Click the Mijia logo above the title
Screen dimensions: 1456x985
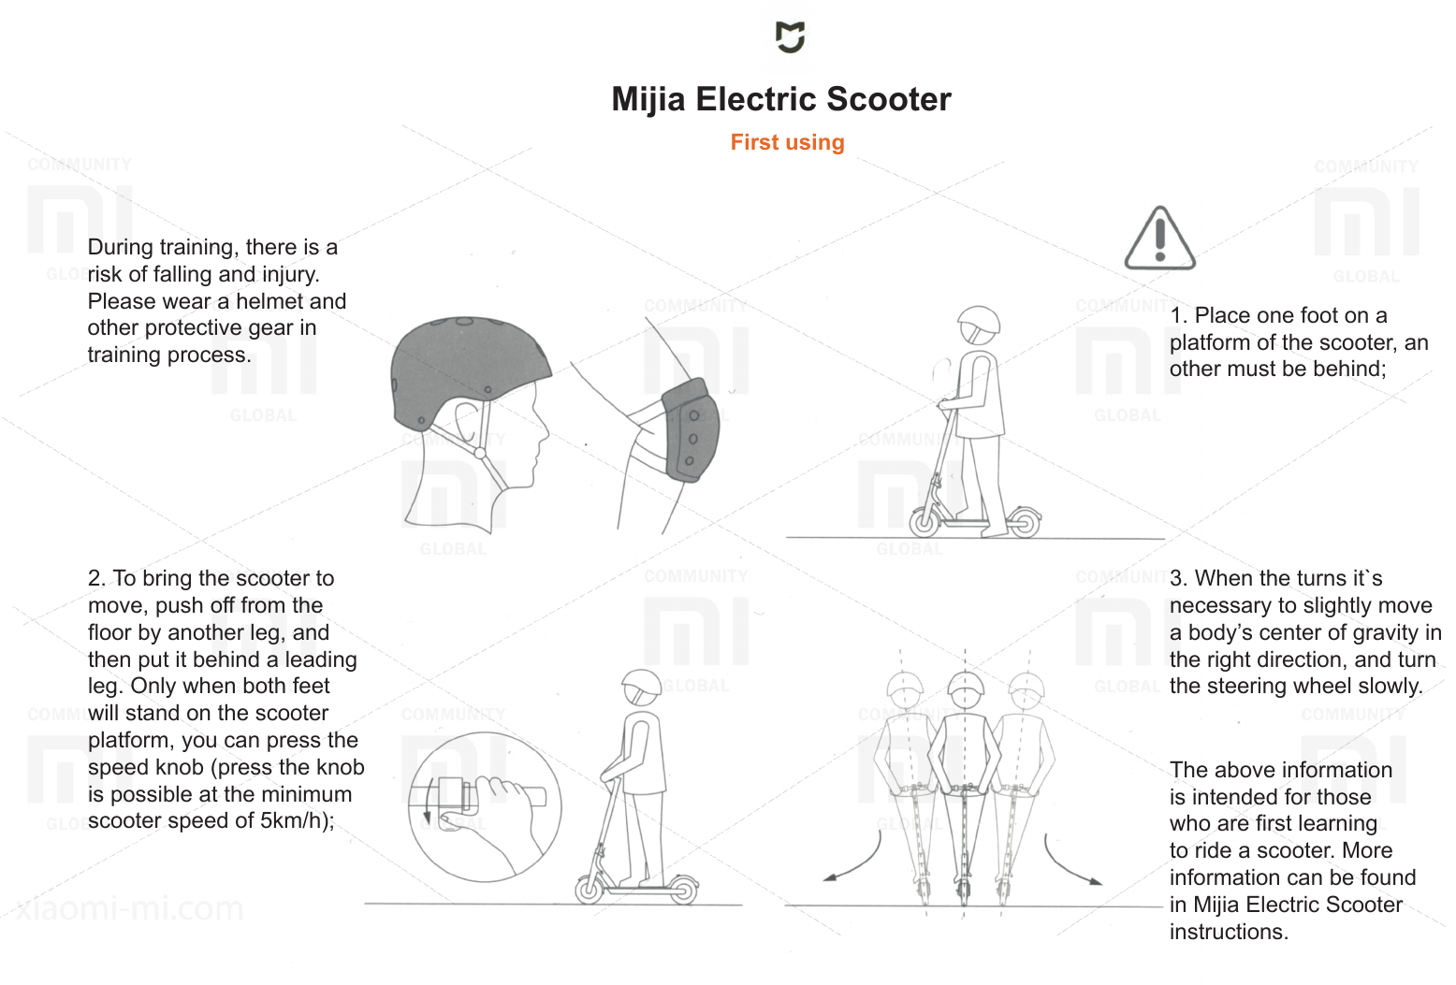click(790, 37)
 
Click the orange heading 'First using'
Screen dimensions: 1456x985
click(787, 142)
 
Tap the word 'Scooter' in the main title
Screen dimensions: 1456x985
click(889, 99)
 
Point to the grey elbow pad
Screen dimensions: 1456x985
click(692, 429)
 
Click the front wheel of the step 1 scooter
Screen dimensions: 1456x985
click(925, 521)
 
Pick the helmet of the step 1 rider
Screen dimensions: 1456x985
click(979, 325)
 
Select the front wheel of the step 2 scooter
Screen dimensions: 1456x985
click(590, 889)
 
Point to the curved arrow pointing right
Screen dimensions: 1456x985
click(1070, 862)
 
